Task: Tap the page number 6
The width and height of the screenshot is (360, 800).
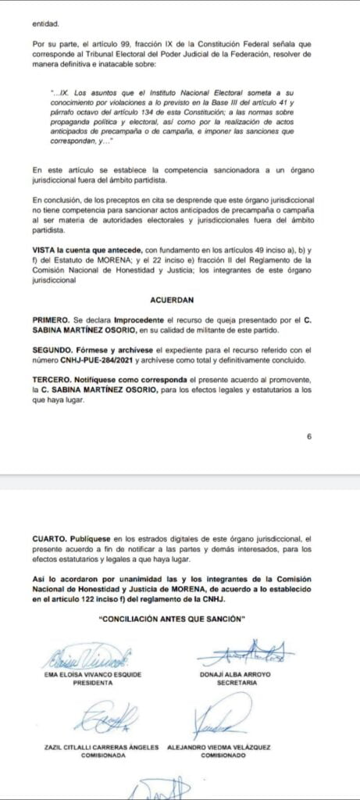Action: [x=309, y=436]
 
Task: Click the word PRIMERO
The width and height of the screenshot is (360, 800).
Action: [x=52, y=320]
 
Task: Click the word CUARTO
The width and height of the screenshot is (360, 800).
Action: [x=50, y=538]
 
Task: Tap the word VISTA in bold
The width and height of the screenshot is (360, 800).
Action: [x=42, y=248]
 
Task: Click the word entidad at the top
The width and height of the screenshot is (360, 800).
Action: [x=45, y=23]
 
